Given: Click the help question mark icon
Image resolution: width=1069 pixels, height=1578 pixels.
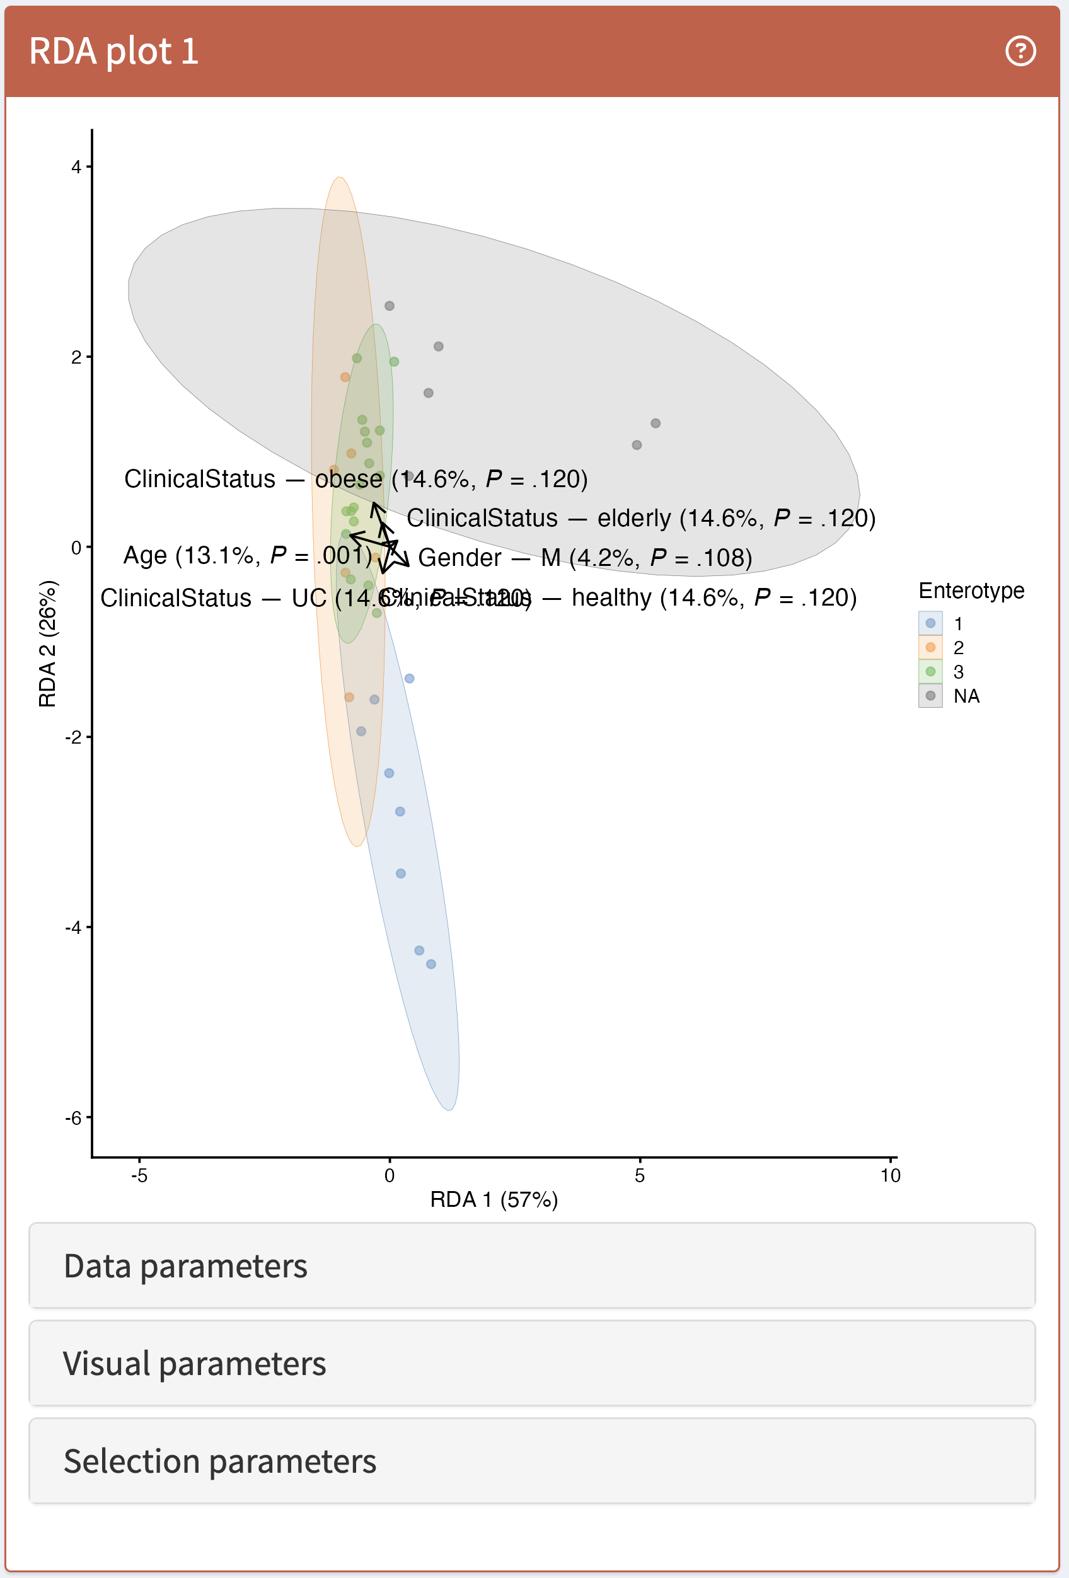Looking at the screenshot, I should click(1019, 51).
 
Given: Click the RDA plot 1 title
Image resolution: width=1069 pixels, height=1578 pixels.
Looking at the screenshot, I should click(113, 51).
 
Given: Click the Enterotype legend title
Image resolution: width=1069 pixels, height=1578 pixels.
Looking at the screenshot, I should click(971, 590).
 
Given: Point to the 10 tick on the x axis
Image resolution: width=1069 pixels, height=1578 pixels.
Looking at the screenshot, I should click(890, 1175).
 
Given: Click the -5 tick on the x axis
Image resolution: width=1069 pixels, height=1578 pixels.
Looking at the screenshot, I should click(139, 1175).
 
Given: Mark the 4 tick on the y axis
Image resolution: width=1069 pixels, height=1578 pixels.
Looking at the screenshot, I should click(76, 167).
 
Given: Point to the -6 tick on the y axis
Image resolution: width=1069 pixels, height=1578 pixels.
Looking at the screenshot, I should click(73, 1117).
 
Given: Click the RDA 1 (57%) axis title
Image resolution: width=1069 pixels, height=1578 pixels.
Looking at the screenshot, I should click(494, 1200).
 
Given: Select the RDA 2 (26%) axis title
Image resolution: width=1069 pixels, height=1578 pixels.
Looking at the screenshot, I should click(47, 643).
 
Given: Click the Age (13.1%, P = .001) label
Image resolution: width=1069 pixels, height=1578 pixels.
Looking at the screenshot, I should click(247, 555).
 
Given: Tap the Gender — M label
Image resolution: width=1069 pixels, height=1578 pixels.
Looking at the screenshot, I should click(585, 558).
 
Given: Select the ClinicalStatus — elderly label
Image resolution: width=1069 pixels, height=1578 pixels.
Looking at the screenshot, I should click(640, 519).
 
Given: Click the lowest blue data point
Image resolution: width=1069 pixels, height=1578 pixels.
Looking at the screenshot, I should click(430, 964).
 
